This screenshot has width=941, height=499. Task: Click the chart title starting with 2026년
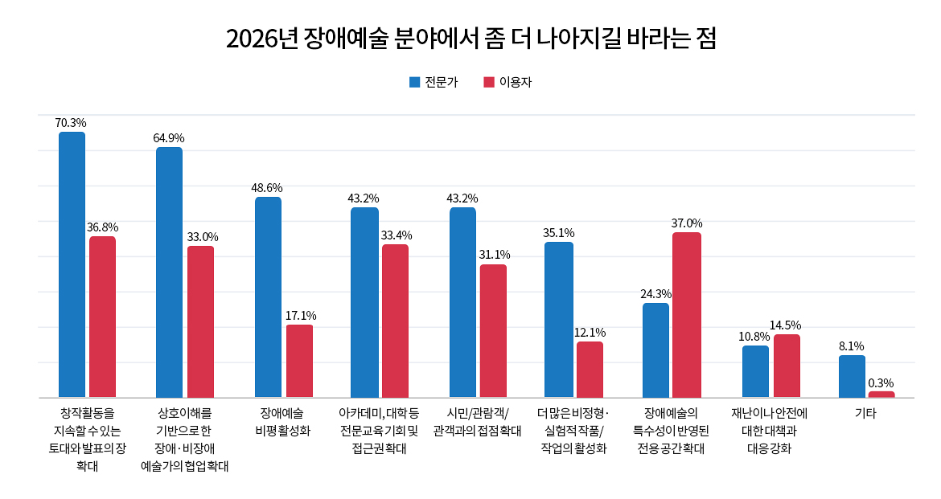(x=470, y=39)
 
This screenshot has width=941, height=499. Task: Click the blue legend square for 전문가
(x=415, y=82)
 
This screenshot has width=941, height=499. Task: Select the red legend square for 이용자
(x=488, y=82)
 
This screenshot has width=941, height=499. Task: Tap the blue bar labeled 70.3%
(x=72, y=264)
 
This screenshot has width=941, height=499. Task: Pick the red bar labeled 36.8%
(x=102, y=317)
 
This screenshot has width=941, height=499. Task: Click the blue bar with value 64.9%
(x=169, y=272)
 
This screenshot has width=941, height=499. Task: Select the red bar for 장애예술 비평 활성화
(x=299, y=361)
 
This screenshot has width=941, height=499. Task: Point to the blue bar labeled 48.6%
(x=268, y=297)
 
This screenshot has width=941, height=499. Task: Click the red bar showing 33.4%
(x=395, y=321)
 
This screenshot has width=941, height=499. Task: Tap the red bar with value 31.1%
(x=493, y=330)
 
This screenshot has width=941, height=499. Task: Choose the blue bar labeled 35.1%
(x=559, y=319)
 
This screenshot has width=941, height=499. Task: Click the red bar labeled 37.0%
(x=687, y=315)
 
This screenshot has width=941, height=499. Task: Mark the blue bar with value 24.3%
(x=655, y=350)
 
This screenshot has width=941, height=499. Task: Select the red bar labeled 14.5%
(x=787, y=366)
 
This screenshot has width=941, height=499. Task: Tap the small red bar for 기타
(x=881, y=395)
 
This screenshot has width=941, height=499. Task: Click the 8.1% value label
(x=852, y=346)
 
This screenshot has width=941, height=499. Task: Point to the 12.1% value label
(x=590, y=333)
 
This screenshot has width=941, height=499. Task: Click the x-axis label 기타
(x=865, y=414)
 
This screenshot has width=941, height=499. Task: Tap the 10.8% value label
(x=754, y=337)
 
